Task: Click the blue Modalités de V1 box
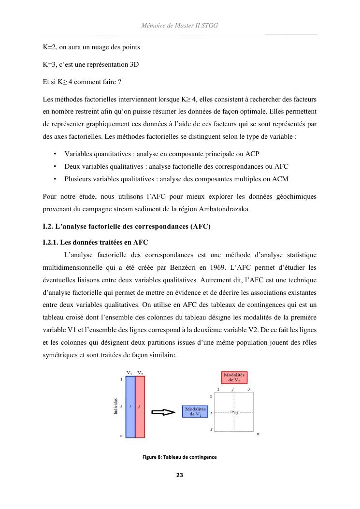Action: [x=195, y=412]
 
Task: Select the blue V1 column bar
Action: [x=130, y=407]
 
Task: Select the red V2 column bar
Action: [x=140, y=407]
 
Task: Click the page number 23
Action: [x=180, y=475]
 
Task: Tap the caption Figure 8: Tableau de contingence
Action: [x=179, y=457]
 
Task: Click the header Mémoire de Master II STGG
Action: [x=180, y=25]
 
